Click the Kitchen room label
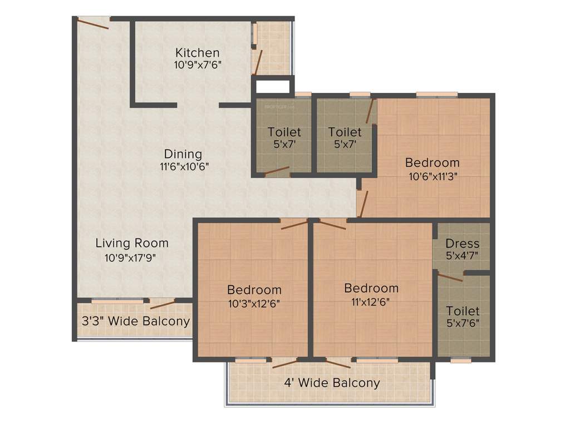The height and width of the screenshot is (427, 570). (198, 53)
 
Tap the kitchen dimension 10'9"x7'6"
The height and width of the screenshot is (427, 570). (198, 64)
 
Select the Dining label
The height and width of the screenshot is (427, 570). (183, 154)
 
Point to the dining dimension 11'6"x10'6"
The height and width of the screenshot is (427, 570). (183, 166)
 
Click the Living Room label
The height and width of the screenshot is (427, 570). (132, 243)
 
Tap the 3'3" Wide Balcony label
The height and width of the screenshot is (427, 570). (136, 321)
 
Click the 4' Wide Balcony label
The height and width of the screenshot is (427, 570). (332, 383)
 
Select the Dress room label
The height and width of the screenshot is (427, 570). (463, 244)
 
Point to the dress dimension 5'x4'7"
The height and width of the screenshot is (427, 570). (463, 256)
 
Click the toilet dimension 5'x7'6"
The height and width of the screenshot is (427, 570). (463, 322)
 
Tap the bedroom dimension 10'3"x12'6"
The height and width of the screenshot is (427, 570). (254, 303)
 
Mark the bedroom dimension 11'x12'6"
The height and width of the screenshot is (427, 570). (371, 302)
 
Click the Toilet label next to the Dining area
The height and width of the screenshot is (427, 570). (284, 132)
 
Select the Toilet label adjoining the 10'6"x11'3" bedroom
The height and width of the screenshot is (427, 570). (345, 132)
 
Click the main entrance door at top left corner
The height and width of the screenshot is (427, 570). (93, 22)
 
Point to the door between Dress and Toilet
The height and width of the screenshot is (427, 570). (450, 277)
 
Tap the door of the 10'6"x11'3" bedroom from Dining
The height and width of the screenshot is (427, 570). (363, 203)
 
